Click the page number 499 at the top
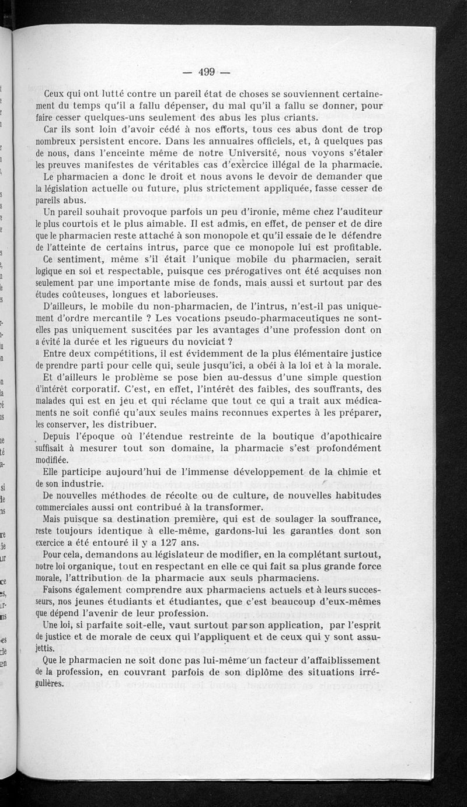(x=207, y=72)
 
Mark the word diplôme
(x=273, y=672)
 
